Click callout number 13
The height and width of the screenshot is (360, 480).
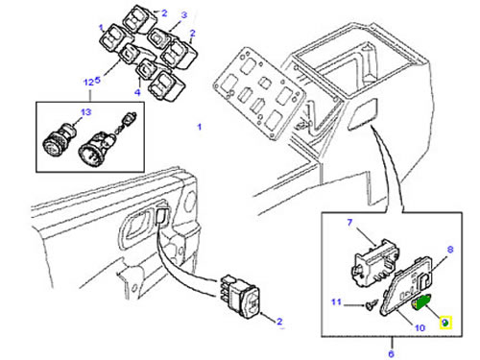coord(86,112)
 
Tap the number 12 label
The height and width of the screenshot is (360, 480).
coord(88,83)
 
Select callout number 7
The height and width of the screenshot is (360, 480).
coord(349,223)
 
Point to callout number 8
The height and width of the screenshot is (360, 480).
coord(450,250)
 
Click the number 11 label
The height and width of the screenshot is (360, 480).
coord(336,301)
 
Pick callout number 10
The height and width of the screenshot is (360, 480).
coord(420,327)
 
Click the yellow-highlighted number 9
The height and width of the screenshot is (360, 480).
coord(445,323)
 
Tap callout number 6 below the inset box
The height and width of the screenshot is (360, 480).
coord(391,354)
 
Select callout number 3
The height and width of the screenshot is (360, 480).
coord(184,15)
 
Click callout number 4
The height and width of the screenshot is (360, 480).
coord(137,92)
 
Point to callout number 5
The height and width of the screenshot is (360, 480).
coord(98,80)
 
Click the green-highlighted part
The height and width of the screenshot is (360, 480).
coord(421,302)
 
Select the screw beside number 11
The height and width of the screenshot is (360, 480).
coord(372,304)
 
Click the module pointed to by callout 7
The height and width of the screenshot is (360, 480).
coord(376,263)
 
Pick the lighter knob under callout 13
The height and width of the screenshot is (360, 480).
coord(60,141)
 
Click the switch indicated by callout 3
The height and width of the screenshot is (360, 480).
coord(159,38)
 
